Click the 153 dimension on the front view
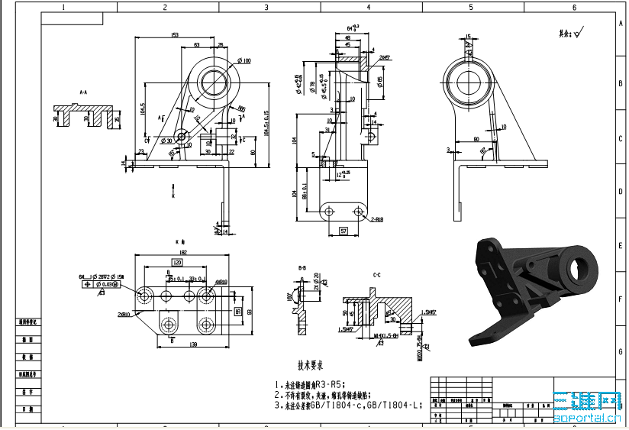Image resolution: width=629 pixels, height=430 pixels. tap(175, 35)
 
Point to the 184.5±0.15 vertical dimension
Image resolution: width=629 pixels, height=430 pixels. tap(266, 123)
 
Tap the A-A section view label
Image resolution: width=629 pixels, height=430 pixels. tap(83, 92)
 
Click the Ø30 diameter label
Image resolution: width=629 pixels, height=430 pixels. tap(166, 141)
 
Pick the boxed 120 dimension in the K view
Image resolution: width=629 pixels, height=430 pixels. tap(177, 262)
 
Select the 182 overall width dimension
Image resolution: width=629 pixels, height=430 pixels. tap(182, 251)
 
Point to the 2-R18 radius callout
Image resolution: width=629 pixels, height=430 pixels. tap(376, 219)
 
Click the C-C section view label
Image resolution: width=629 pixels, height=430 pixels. tap(376, 274)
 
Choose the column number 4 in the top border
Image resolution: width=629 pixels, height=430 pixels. tap(369, 7)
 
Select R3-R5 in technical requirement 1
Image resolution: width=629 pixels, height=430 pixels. tap(334, 384)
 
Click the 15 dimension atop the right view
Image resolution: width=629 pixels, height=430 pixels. tap(469, 36)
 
